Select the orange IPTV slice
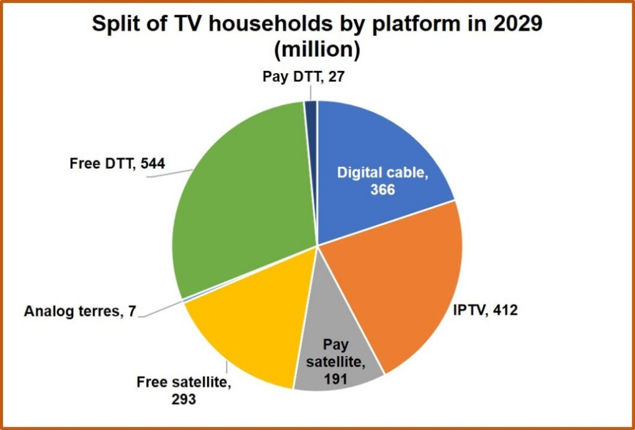(x=403, y=285)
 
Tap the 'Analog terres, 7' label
(x=78, y=311)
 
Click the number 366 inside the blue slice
(x=383, y=189)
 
